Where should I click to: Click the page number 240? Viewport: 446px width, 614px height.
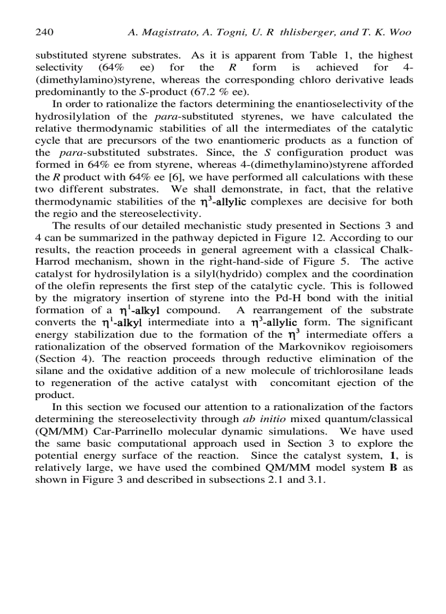point(44,32)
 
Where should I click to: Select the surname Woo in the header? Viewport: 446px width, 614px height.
point(401,32)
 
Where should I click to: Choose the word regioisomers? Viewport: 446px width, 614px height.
point(383,347)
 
